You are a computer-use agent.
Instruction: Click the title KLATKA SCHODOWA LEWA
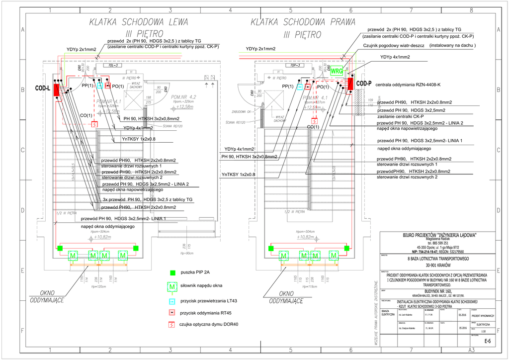point(139,22)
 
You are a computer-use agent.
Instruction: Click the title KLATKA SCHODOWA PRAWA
point(303,22)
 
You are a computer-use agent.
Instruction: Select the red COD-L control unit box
point(56,90)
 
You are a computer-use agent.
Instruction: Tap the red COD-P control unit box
point(350,83)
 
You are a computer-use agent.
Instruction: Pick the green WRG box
point(337,71)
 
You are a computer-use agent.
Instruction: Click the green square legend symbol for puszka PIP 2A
point(172,272)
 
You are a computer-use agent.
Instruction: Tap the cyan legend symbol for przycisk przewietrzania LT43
point(172,301)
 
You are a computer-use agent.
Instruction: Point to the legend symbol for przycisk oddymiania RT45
point(172,313)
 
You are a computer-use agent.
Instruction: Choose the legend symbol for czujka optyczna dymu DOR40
point(172,325)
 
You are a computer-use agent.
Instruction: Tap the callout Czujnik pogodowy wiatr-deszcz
point(393,45)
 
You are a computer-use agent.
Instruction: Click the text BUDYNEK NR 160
point(433,291)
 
